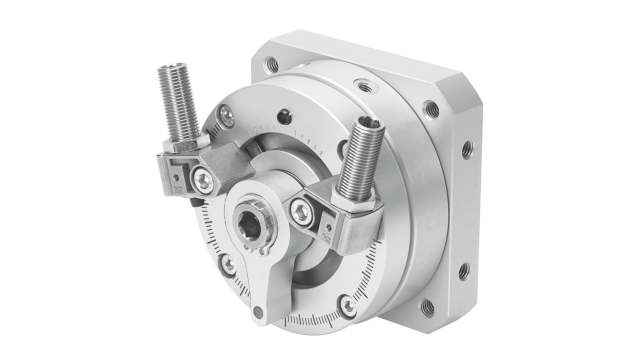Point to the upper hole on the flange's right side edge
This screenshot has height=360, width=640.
467,151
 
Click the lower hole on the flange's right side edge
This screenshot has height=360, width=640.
463,271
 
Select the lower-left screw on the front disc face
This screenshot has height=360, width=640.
229,265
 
